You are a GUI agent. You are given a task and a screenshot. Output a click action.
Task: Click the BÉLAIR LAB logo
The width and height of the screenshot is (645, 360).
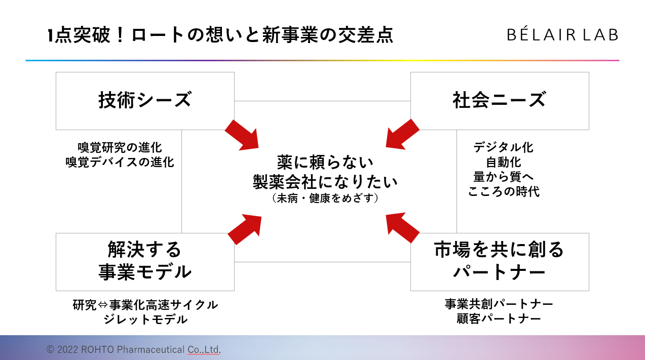pos(562,35)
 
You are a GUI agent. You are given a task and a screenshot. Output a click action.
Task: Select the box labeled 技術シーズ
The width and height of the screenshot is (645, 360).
pos(145,100)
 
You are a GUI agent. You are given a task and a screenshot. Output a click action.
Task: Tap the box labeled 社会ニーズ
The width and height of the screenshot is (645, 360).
pos(499,100)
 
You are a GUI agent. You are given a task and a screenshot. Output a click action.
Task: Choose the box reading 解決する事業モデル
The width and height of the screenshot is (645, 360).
pos(145,261)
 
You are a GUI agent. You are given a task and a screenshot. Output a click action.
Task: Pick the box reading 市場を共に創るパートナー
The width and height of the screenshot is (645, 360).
pos(499,261)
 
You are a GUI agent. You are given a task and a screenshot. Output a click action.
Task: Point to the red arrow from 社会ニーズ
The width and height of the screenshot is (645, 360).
pos(402,134)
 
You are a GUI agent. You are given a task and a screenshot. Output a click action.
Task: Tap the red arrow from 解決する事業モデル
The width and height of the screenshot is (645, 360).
pos(245,229)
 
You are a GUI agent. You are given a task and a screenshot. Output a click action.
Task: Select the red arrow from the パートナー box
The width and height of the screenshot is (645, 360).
pos(402,227)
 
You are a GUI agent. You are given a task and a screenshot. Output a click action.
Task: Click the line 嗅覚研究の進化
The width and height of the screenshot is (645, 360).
pos(120,147)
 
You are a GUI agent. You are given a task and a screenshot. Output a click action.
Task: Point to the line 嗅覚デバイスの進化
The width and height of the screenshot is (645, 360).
pos(120,162)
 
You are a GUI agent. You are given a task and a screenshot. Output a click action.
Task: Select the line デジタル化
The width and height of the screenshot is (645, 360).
pos(503,147)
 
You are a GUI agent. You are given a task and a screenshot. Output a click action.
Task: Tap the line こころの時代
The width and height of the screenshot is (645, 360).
pos(503,191)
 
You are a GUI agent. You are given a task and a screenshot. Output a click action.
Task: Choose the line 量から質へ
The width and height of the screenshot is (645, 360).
pos(503,177)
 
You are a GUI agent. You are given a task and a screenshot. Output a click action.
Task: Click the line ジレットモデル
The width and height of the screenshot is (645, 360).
pos(145,319)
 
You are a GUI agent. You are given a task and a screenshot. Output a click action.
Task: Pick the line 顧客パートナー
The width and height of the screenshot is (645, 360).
pos(499,318)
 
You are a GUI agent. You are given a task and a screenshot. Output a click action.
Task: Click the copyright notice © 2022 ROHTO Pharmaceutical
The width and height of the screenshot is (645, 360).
pos(134,349)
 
